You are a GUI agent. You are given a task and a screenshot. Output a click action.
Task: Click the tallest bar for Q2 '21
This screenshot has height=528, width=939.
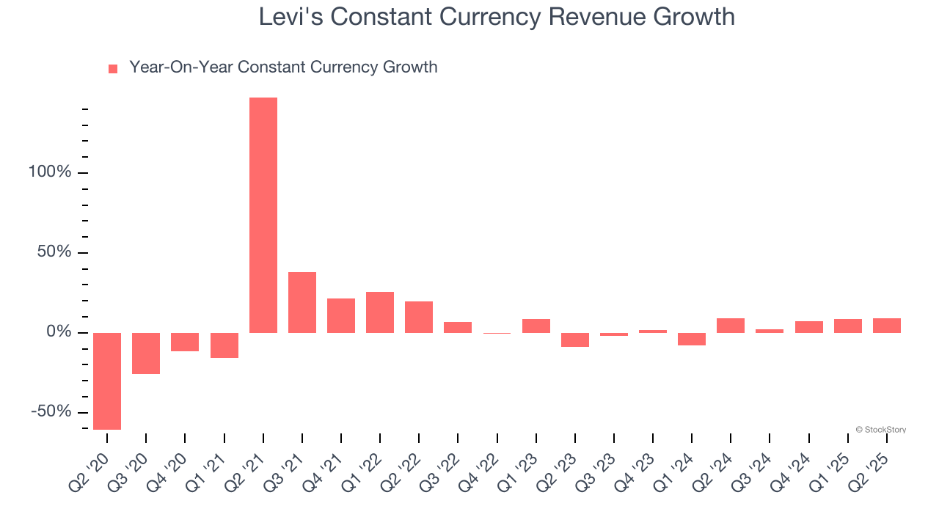pyautogui.click(x=263, y=215)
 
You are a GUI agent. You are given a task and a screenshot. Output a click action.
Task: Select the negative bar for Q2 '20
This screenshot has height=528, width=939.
pyautogui.click(x=107, y=381)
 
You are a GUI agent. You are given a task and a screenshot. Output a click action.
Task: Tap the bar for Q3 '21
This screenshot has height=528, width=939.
pyautogui.click(x=302, y=302)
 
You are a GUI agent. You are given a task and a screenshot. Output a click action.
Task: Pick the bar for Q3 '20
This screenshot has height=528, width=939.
pyautogui.click(x=146, y=353)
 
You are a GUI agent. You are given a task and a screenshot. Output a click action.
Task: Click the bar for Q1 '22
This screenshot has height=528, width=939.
pyautogui.click(x=380, y=312)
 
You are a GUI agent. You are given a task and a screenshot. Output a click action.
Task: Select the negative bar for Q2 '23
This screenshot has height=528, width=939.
pyautogui.click(x=575, y=340)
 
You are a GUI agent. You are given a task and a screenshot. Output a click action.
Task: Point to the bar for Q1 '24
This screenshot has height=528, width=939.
pyautogui.click(x=692, y=339)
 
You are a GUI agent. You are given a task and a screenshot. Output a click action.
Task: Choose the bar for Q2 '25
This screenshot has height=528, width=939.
pyautogui.click(x=887, y=326)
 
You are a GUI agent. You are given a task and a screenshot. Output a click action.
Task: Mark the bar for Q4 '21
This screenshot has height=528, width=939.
pyautogui.click(x=341, y=315)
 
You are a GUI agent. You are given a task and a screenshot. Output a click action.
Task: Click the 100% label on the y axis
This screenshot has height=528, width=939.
pyautogui.click(x=50, y=172)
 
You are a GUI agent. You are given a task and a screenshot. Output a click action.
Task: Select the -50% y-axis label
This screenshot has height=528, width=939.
pyautogui.click(x=51, y=411)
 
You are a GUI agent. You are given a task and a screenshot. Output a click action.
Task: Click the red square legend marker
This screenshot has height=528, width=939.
pyautogui.click(x=113, y=69)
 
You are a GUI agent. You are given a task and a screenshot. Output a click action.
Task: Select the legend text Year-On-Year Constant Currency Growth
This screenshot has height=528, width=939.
pyautogui.click(x=283, y=67)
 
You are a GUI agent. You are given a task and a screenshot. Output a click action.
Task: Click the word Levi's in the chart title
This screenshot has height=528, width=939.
pyautogui.click(x=291, y=17)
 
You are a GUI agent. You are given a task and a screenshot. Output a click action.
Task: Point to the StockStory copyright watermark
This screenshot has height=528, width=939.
pyautogui.click(x=880, y=430)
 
